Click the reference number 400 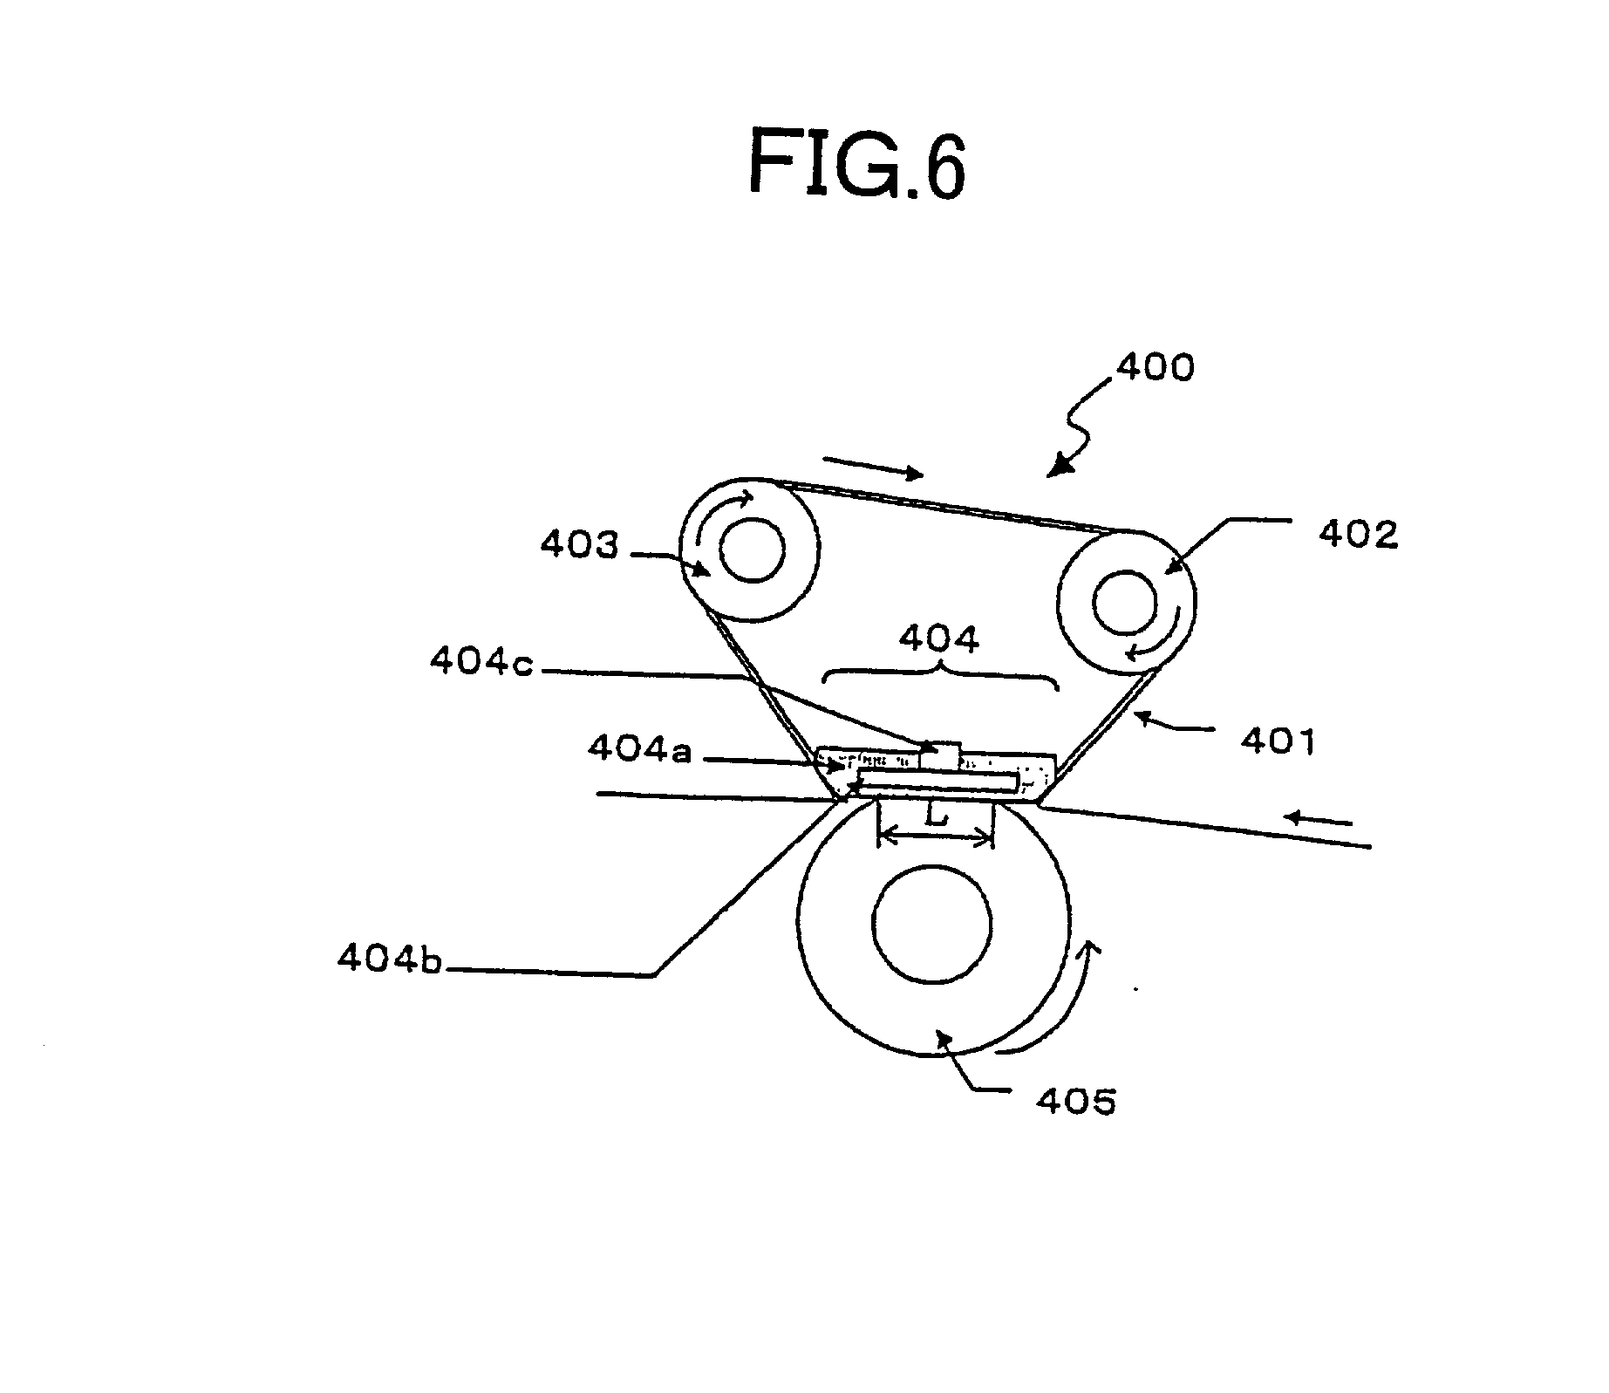point(1156,368)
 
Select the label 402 point(1358,534)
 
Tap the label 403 point(578,545)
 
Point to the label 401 point(1278,741)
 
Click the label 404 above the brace point(939,639)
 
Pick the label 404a point(639,748)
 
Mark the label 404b point(390,959)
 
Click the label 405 point(1075,1102)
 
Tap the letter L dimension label point(936,817)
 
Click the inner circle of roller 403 point(752,550)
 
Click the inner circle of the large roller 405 point(932,922)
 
